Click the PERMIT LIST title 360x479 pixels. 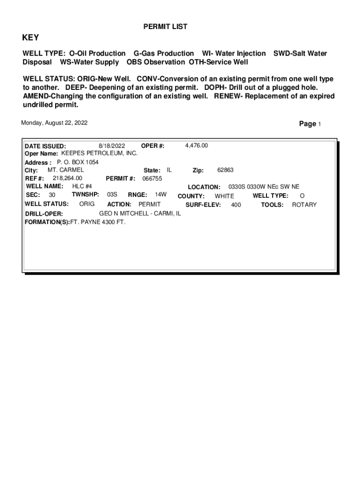point(165,27)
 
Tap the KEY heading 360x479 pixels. point(31,38)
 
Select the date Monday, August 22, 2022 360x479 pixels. point(54,123)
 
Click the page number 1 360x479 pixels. point(319,124)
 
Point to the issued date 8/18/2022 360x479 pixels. point(112,145)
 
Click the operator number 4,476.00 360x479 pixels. point(196,145)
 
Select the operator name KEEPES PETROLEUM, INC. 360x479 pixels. point(100,153)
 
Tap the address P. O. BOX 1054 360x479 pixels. point(78,162)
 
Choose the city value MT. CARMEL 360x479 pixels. point(66,170)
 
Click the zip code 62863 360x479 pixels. point(225,170)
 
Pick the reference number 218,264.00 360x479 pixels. point(67,178)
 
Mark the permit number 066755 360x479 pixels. point(152,179)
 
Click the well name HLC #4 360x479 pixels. point(82,186)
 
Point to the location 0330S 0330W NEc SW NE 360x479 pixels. point(264,187)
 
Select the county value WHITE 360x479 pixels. point(224,196)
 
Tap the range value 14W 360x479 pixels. point(161,194)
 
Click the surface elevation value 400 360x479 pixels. point(236,205)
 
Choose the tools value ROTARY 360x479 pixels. point(304,205)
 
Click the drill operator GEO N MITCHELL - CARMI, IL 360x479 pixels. point(140,213)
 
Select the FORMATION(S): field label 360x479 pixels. point(47,222)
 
